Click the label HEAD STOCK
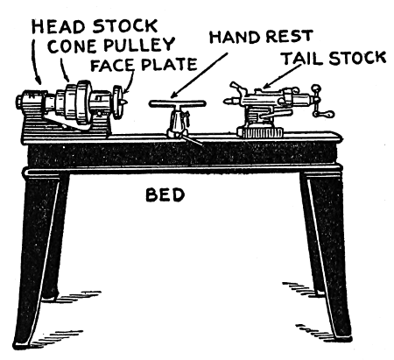[95, 26]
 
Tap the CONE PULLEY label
[111, 46]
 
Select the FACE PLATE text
[144, 65]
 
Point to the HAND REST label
[261, 37]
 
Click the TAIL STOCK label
[334, 58]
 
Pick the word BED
[165, 195]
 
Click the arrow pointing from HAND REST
[199, 75]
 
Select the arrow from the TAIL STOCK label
[282, 76]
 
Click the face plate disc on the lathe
[118, 102]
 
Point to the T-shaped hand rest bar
[178, 103]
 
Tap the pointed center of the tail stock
[229, 102]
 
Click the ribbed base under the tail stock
[260, 132]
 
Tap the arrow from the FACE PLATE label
[130, 81]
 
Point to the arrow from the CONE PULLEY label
[64, 70]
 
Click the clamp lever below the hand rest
[193, 140]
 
